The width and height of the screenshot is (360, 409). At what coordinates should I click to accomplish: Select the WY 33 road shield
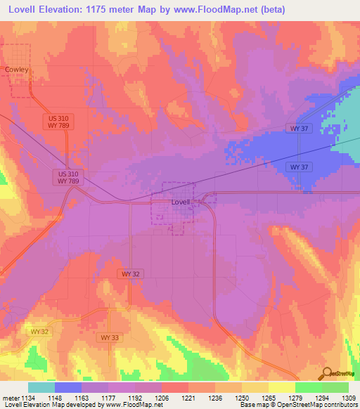(x=105, y=337)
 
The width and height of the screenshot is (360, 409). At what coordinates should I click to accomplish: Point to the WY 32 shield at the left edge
(x=40, y=331)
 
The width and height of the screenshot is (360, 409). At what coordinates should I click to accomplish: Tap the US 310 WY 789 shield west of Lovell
(x=67, y=177)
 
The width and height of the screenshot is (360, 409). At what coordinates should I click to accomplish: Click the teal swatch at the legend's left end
(x=41, y=387)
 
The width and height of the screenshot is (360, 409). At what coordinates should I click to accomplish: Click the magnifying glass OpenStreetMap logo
(x=328, y=373)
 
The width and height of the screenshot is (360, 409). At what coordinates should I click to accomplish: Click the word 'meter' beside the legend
(x=11, y=398)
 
